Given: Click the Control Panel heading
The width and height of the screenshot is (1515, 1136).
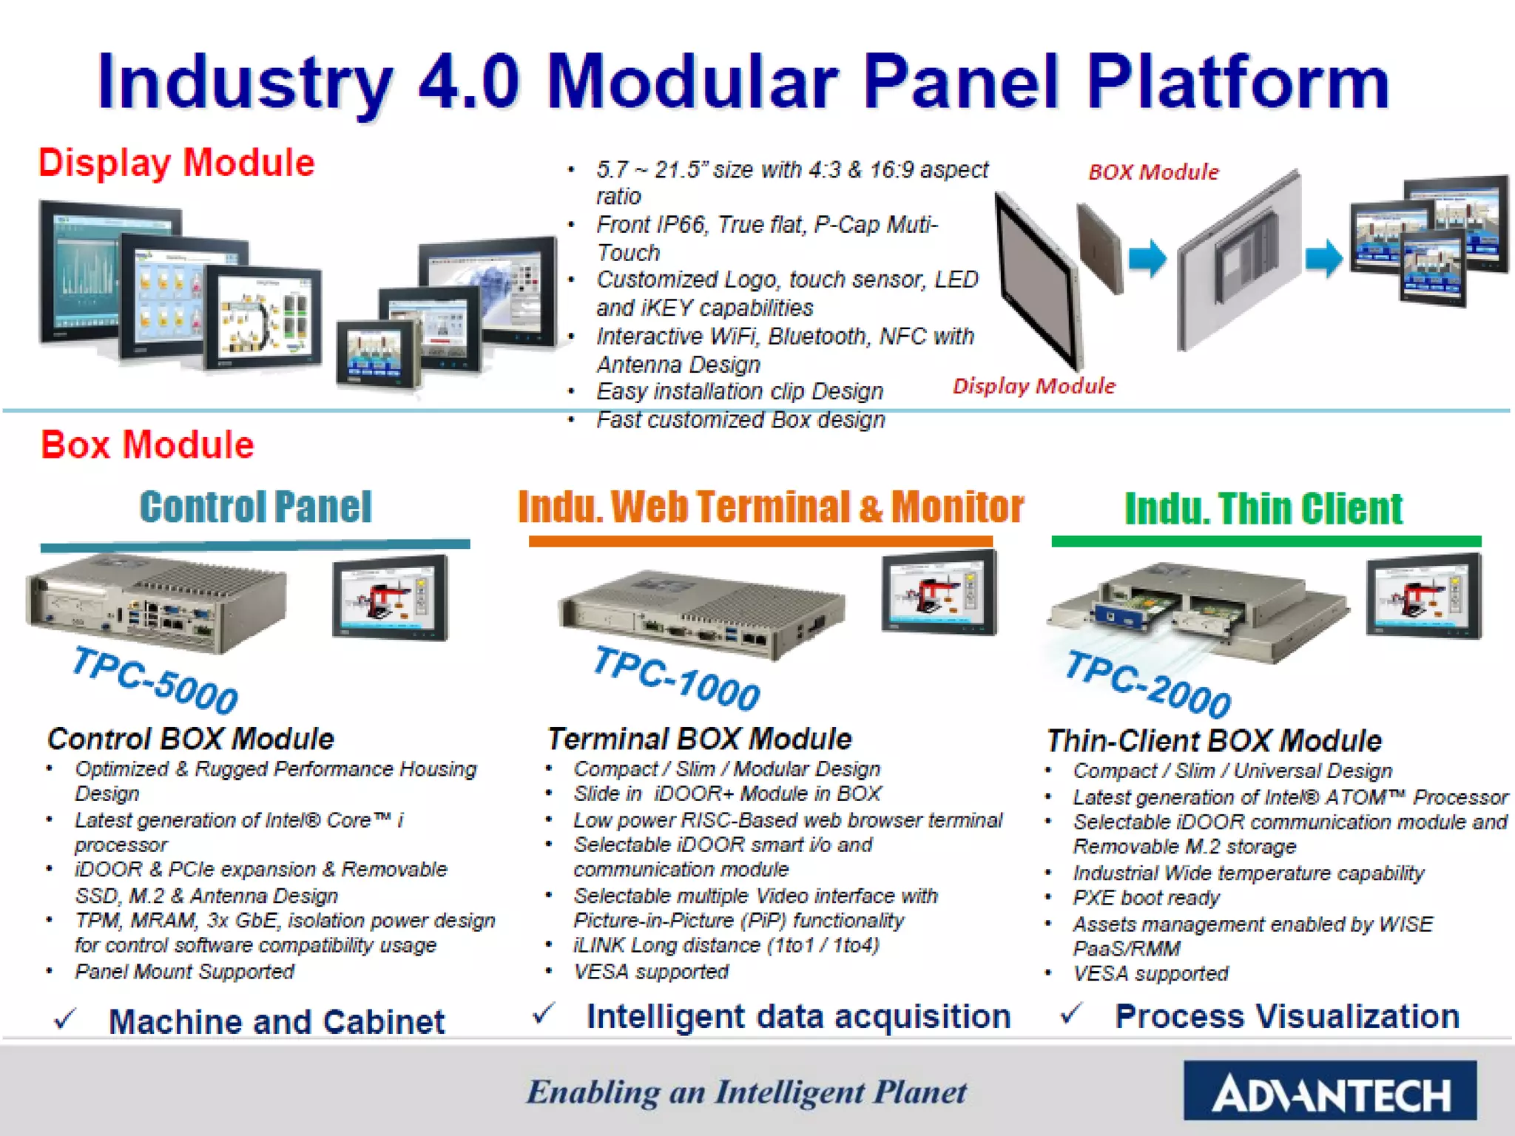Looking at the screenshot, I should (x=255, y=507).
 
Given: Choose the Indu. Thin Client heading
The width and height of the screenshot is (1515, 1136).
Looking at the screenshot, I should (x=1263, y=509).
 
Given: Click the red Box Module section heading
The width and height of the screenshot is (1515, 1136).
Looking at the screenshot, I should (x=147, y=445).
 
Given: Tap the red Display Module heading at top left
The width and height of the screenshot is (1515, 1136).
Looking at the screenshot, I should (x=176, y=163).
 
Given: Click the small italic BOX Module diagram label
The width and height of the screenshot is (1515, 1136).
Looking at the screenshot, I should (x=1153, y=172).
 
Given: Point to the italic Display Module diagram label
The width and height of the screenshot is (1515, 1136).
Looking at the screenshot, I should (x=1033, y=386).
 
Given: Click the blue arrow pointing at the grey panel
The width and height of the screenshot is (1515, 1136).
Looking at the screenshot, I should (x=1147, y=259).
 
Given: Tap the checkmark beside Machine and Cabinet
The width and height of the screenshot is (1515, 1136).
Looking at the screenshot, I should (x=65, y=1021).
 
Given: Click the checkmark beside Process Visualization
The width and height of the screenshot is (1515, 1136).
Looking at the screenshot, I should (x=1070, y=1014).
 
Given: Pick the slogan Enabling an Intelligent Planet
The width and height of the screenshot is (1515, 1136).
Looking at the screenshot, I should (x=746, y=1092).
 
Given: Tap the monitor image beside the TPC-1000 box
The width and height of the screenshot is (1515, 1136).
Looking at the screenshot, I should (x=939, y=594).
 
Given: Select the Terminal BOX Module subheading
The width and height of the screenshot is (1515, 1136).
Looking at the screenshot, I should (x=699, y=739).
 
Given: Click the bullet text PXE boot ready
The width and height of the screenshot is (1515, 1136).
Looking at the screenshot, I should (x=1146, y=898).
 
